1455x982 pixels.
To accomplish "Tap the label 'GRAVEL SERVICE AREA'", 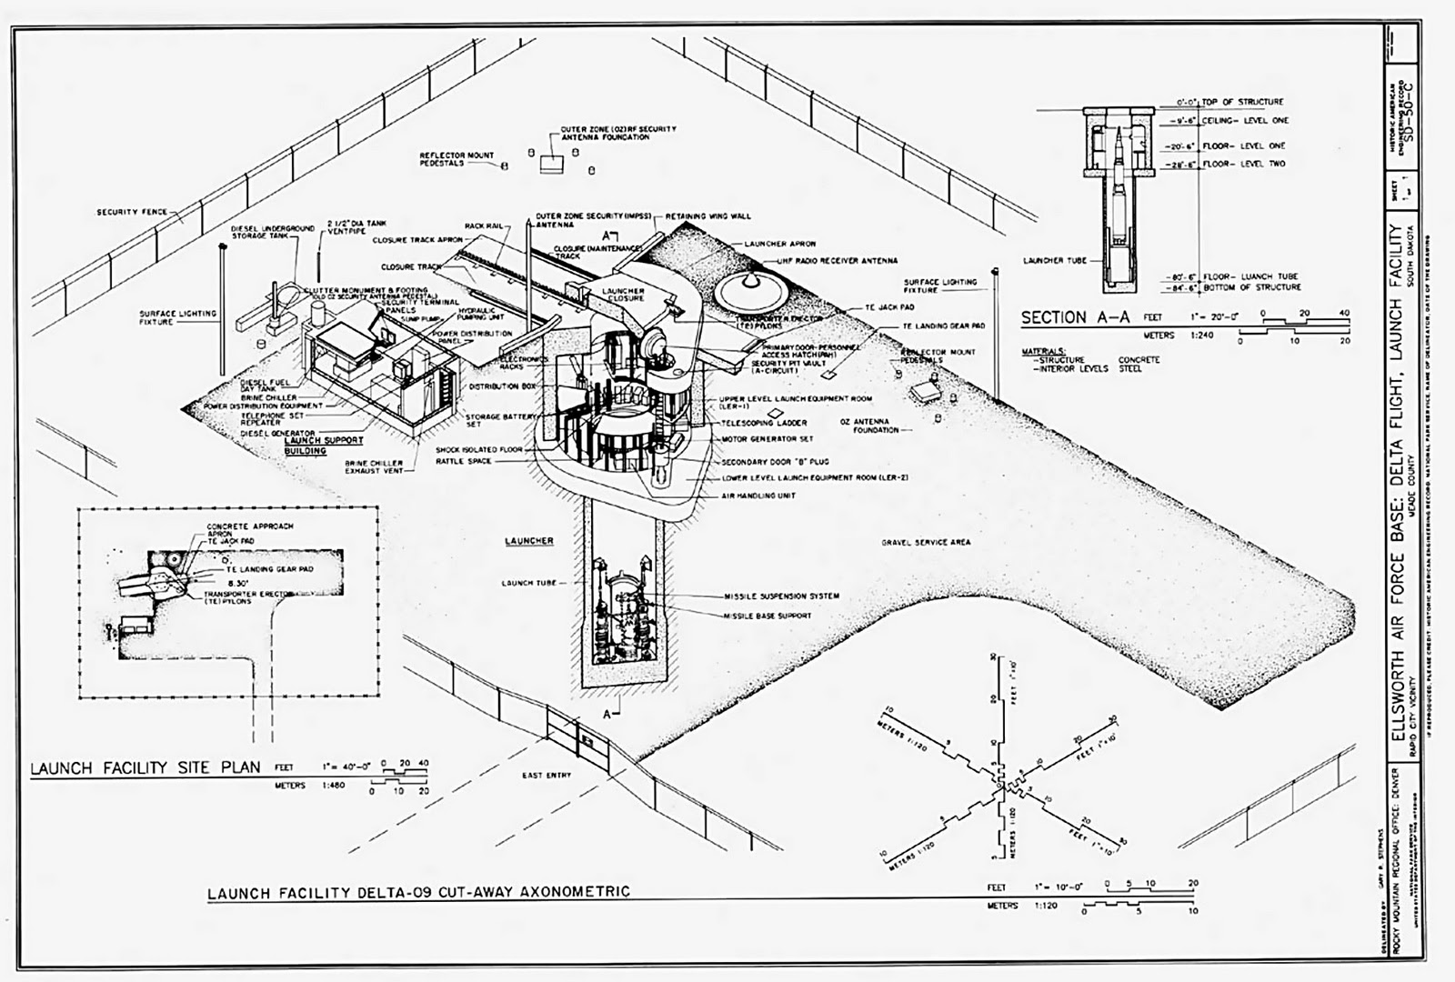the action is point(925,542).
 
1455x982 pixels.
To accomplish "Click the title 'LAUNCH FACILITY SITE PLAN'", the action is point(145,767).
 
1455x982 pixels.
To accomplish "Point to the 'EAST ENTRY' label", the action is point(547,776).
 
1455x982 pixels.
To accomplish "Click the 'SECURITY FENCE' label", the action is point(132,212).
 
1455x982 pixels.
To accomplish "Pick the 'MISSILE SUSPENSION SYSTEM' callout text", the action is point(781,596).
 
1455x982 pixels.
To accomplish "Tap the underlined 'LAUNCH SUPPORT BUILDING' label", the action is point(324,445).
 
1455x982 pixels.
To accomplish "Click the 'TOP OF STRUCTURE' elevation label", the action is point(1242,102).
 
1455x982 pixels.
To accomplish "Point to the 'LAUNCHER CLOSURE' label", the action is point(623,295).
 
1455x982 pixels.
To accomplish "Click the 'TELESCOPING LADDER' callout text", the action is point(764,423).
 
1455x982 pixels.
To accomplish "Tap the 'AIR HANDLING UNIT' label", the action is point(758,496).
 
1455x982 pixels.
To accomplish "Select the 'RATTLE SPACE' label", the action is point(463,462).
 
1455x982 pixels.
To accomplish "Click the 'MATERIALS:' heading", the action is point(1043,350).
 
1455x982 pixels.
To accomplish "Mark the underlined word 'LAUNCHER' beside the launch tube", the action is point(528,541).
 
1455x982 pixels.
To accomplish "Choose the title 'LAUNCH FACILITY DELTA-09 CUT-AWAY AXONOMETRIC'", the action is point(418,892).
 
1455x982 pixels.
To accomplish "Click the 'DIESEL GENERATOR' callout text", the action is point(277,434).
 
